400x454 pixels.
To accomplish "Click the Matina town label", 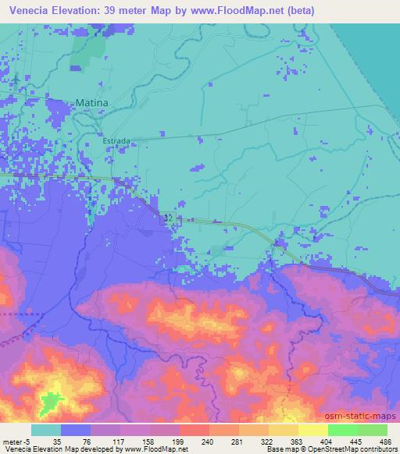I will pyautogui.click(x=91, y=102).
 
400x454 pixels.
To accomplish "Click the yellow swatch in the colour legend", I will pyautogui.click(x=312, y=430).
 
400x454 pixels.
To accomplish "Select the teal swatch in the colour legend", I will pyautogui.click(x=46, y=430).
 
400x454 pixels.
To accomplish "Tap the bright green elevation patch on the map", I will pyautogui.click(x=52, y=403).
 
